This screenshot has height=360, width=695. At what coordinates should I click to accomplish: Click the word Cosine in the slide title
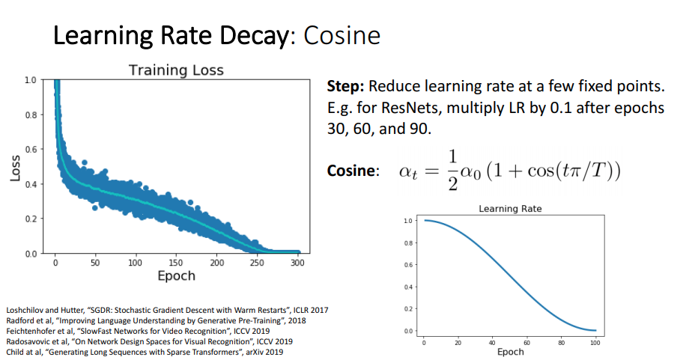click(342, 35)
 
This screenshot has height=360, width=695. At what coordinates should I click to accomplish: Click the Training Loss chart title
click(176, 70)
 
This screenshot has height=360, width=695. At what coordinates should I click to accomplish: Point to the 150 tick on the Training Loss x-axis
click(176, 263)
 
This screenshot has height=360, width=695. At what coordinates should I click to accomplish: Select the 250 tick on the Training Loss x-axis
click(257, 263)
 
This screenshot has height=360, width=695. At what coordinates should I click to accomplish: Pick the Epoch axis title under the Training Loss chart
click(176, 275)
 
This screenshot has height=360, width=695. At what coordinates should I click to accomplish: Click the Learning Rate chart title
click(509, 209)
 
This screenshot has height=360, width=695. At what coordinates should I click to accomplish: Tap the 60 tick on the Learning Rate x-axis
click(527, 341)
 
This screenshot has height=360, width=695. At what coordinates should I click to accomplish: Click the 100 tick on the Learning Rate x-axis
click(595, 341)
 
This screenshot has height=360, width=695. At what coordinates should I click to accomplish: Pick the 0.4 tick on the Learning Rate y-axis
click(407, 287)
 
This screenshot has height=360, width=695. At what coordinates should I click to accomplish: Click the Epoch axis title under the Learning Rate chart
click(510, 351)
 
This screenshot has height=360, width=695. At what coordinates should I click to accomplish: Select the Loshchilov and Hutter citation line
click(166, 310)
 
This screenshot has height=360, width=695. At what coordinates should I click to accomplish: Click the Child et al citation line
click(144, 352)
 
